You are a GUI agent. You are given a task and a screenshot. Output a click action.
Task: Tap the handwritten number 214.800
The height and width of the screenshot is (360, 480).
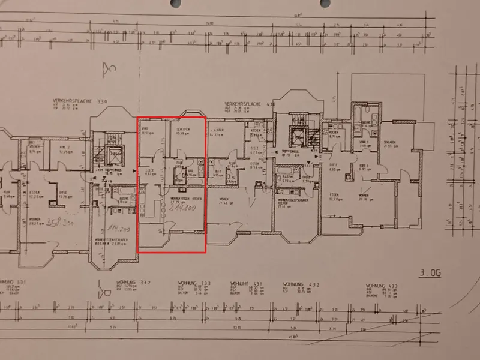[x=184, y=211]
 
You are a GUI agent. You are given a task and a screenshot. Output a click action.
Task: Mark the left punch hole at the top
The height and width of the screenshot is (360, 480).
[x=175, y=4]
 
